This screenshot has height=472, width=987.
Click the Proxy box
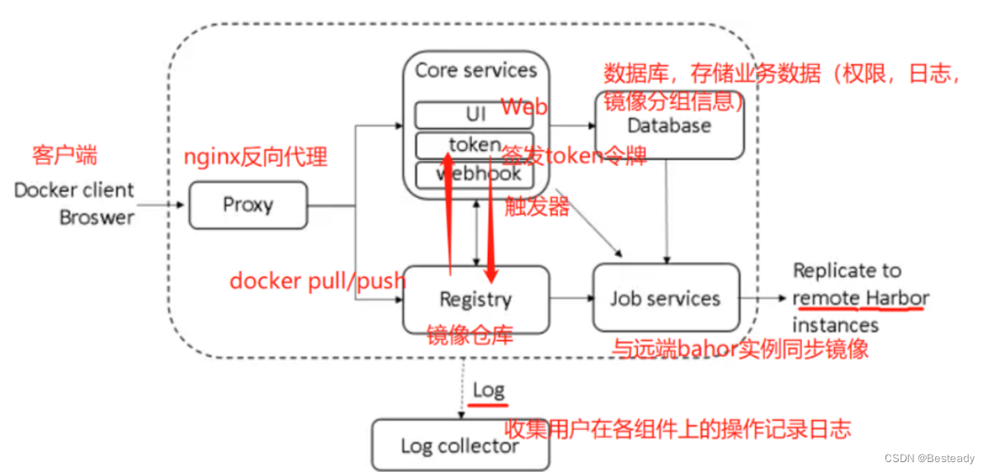[x=248, y=205]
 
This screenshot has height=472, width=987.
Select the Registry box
[x=475, y=299]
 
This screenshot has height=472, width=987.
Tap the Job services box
[x=665, y=298]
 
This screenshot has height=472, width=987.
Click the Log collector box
[x=460, y=446]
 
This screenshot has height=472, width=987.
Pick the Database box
[x=669, y=126]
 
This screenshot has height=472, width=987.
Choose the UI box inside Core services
[x=474, y=113]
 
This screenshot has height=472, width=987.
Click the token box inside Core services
[x=474, y=144]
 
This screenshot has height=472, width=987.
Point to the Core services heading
[x=475, y=70]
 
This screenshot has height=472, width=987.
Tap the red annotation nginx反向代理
[x=255, y=157]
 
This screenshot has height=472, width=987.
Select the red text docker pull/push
[x=318, y=281]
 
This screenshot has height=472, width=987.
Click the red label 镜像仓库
[x=470, y=335]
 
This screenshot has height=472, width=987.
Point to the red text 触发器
[x=537, y=206]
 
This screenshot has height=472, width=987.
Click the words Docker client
[x=74, y=191]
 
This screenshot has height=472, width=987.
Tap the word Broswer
[x=97, y=218]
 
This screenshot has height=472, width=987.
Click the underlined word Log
[x=489, y=389]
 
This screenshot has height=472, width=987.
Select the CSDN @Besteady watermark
[x=929, y=459]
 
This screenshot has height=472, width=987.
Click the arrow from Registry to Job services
[x=570, y=298]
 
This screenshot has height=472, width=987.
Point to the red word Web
[x=524, y=107]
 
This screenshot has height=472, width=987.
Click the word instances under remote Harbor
[x=835, y=325]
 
